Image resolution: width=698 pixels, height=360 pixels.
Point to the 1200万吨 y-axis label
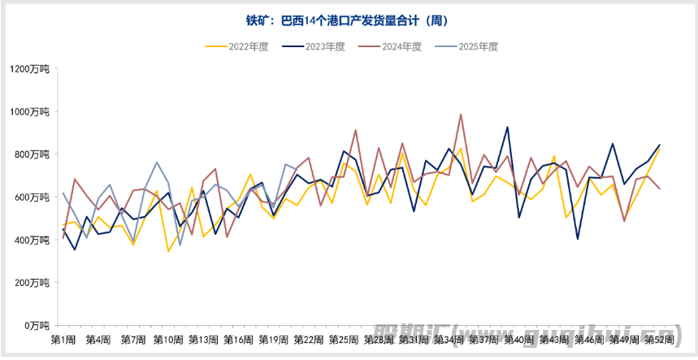(31, 69)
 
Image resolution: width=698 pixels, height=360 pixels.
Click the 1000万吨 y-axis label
(31, 112)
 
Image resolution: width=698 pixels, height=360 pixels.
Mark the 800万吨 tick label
(33, 154)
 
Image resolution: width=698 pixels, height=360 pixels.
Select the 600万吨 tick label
(33, 197)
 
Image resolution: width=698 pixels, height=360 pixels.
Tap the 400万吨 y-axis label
(33, 240)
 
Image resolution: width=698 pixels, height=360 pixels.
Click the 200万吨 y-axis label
(33, 283)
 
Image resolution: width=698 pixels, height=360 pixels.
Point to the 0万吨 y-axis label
(37, 325)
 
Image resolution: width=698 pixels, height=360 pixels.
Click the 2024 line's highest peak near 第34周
(461, 115)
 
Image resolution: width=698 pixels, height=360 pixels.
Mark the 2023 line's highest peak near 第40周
(507, 128)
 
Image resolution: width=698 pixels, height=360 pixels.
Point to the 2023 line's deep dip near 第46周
(577, 239)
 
